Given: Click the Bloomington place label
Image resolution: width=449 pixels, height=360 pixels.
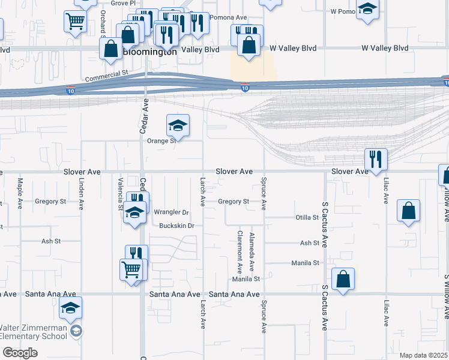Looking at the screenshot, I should (150, 52).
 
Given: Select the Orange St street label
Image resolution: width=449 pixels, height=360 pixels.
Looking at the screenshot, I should (161, 140).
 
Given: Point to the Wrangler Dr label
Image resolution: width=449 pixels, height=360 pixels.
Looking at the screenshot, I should (171, 212).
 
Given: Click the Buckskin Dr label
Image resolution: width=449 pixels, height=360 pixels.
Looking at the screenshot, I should (177, 226).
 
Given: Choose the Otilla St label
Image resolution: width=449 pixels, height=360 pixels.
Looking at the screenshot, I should (307, 217).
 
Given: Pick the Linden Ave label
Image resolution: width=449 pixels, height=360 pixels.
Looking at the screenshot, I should (81, 192).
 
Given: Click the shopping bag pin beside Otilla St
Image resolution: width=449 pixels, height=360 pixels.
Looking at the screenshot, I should (408, 211).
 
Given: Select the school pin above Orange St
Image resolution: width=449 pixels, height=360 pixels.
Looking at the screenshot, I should (178, 126).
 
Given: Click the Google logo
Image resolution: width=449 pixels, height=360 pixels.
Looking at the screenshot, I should (19, 353).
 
